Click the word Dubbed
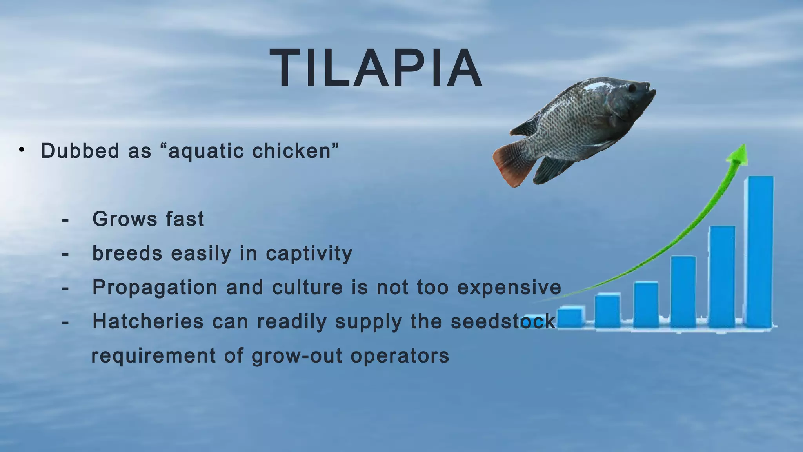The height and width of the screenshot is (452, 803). coord(80,151)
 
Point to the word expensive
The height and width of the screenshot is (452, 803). coord(509,288)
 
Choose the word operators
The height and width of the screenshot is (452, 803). coord(400,356)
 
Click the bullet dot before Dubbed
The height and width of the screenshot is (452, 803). coord(22,149)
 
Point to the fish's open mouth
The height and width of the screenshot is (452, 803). coord(652,92)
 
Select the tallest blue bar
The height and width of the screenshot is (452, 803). coord(761,251)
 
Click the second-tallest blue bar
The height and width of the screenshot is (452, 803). coord(722,277)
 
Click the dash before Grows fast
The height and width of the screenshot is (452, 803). coord(65,220)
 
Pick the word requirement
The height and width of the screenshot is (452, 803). coord(153,356)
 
